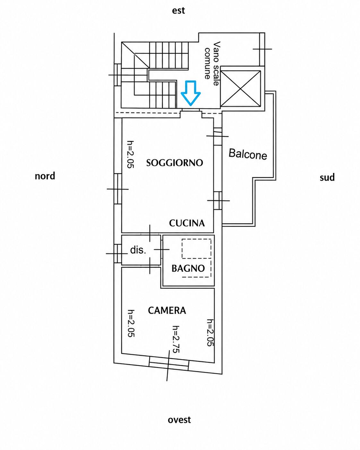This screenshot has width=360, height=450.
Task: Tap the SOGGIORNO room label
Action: click(x=174, y=163)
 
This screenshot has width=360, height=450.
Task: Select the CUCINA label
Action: click(x=187, y=223)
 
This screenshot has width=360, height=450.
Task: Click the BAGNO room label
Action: click(x=188, y=268)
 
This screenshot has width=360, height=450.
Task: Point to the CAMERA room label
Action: click(x=167, y=310)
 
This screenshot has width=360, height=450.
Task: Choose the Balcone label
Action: click(x=248, y=154)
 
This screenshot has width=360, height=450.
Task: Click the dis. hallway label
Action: click(x=138, y=250)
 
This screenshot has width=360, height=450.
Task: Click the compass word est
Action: click(x=178, y=11)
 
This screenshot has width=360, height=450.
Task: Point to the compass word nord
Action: click(x=45, y=176)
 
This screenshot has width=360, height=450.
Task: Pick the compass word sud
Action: click(x=327, y=177)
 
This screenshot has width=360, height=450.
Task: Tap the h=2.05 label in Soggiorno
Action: click(x=131, y=154)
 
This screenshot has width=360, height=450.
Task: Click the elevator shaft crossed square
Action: click(x=241, y=89)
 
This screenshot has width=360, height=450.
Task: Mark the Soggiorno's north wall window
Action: click(x=118, y=189)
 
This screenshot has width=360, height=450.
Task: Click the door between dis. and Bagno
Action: click(x=162, y=249)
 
